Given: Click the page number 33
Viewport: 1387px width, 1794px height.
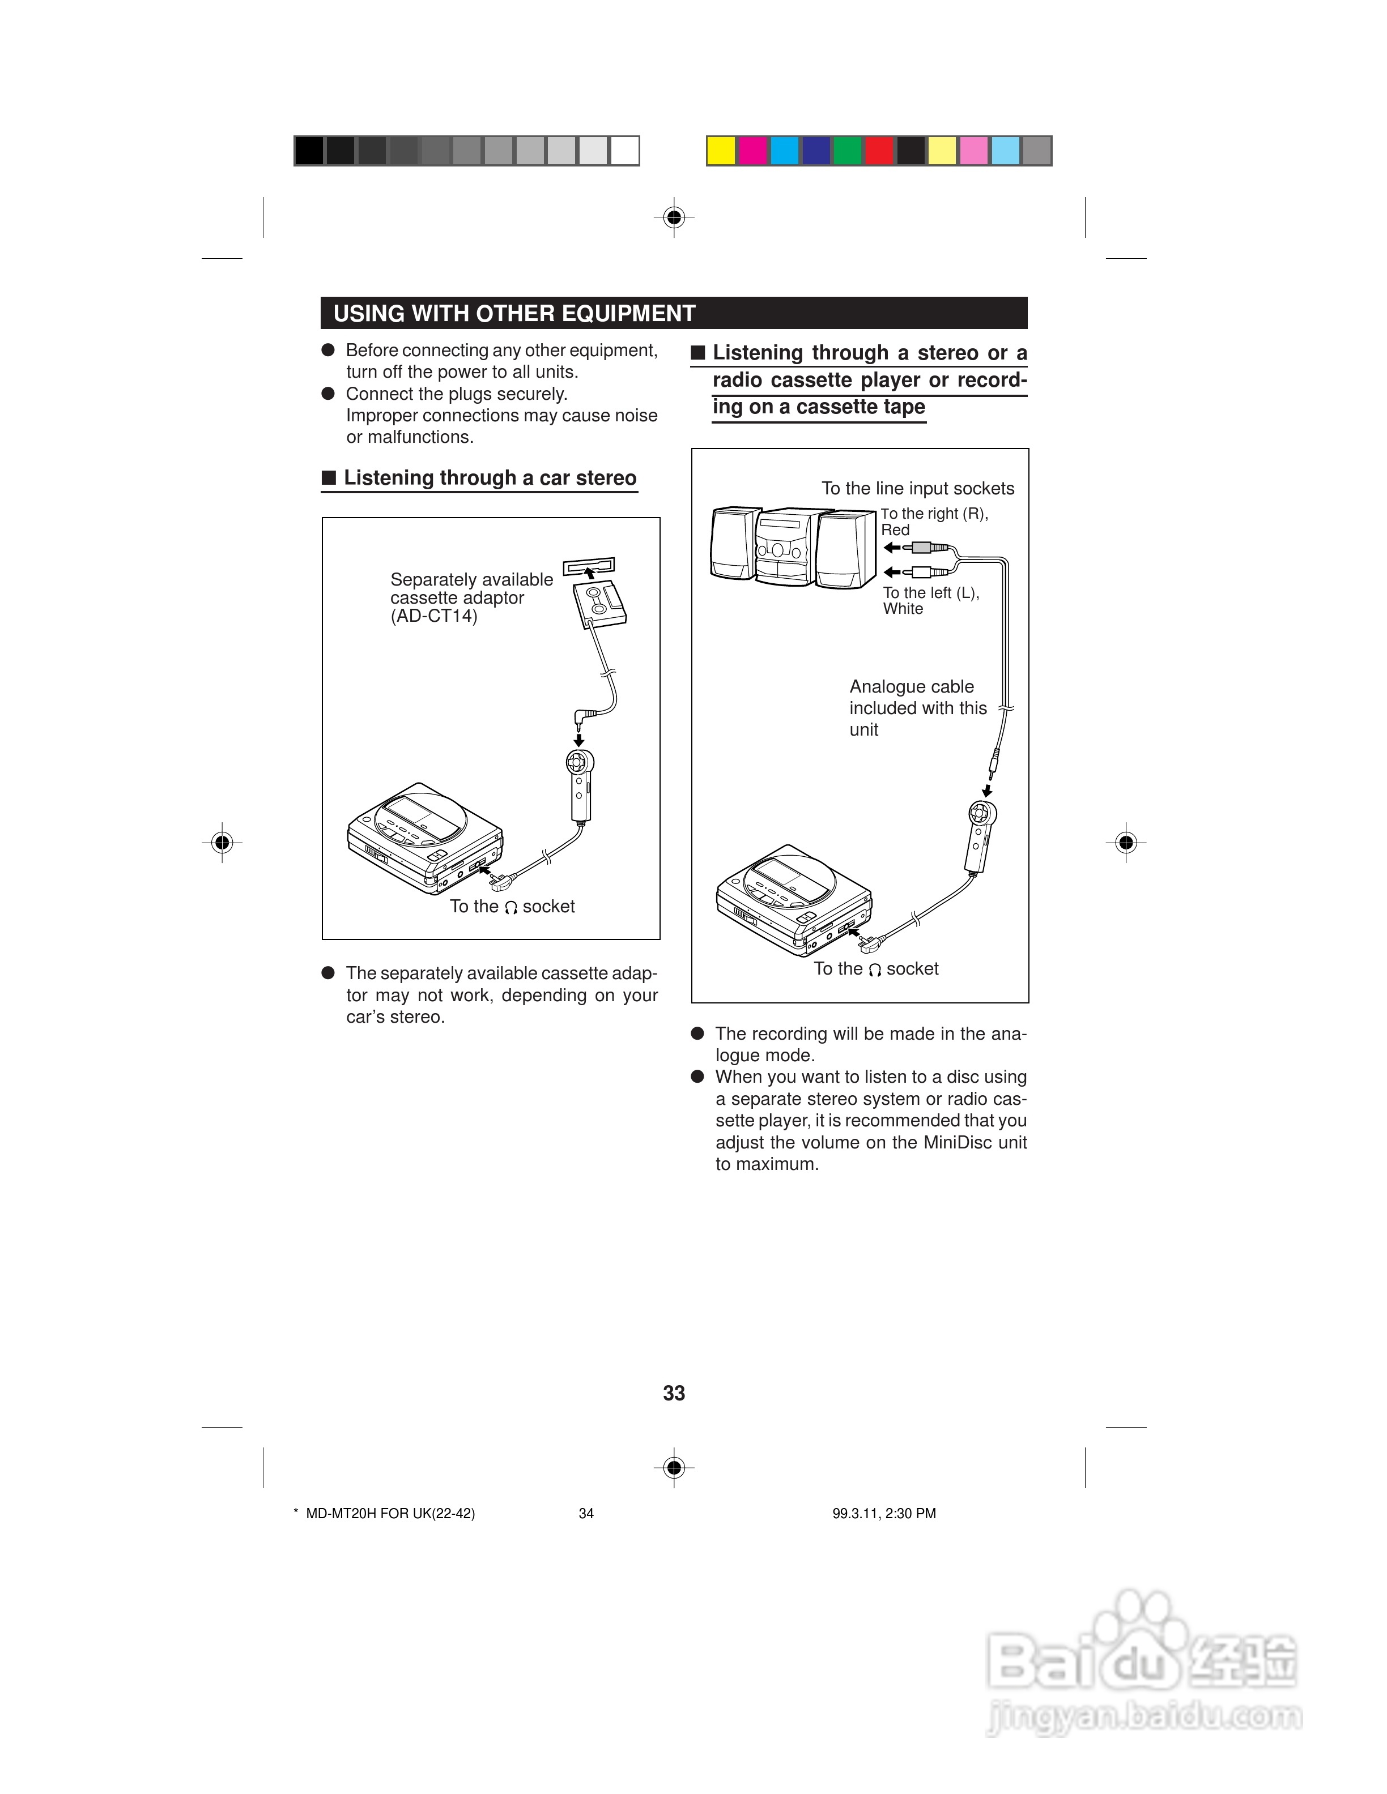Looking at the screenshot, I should pyautogui.click(x=674, y=1393).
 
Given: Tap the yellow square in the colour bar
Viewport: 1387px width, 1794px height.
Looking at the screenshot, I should pyautogui.click(x=721, y=151).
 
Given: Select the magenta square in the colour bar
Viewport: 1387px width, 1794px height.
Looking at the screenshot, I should pyautogui.click(x=752, y=151).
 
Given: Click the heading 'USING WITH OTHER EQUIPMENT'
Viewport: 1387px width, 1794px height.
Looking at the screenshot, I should pyautogui.click(x=514, y=314).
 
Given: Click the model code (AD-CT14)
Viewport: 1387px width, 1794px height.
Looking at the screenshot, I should pyautogui.click(x=434, y=616).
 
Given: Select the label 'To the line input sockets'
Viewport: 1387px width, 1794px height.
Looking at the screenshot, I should pyautogui.click(x=918, y=489).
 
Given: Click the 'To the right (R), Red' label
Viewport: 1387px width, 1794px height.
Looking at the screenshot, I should pyautogui.click(x=933, y=522).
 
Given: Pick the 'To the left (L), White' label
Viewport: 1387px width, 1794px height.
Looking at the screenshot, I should pyautogui.click(x=930, y=600).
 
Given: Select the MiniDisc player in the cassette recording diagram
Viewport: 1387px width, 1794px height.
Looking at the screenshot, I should pyautogui.click(x=793, y=900).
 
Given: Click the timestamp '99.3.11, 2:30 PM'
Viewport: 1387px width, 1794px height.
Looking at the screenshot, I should pyautogui.click(x=884, y=1513).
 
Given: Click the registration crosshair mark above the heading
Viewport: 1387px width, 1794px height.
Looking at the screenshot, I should pyautogui.click(x=674, y=217).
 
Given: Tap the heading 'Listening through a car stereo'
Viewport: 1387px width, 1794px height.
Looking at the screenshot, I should pyautogui.click(x=490, y=478).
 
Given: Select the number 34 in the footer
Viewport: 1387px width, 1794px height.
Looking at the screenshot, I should pyautogui.click(x=586, y=1513).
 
